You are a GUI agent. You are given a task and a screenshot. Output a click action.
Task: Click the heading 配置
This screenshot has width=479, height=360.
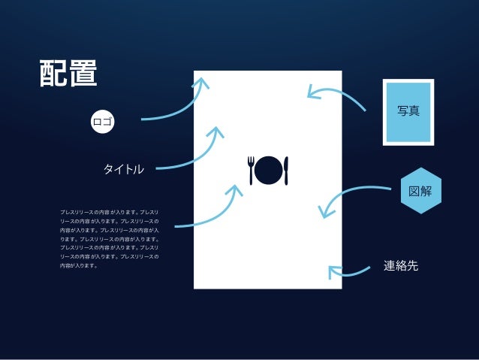click(68, 73)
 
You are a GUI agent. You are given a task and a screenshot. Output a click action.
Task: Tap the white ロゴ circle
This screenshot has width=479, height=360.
click(102, 120)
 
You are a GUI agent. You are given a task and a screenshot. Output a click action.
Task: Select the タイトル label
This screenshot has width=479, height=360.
click(123, 169)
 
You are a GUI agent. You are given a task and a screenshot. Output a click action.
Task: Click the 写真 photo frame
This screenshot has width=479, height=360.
click(408, 111)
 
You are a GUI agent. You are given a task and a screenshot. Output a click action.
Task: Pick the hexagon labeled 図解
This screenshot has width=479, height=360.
click(420, 190)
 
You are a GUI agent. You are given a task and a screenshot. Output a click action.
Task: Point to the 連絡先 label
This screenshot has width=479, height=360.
click(401, 266)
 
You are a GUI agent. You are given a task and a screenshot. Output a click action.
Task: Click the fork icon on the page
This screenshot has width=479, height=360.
click(252, 170)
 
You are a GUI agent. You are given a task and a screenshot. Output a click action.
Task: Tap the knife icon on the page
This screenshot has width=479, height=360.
click(286, 170)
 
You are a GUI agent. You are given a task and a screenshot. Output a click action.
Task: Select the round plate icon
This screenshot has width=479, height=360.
click(269, 170)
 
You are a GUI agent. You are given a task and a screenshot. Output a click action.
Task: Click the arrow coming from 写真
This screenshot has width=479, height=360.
click(338, 93)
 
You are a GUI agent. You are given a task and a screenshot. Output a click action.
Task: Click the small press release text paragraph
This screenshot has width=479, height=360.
click(109, 239)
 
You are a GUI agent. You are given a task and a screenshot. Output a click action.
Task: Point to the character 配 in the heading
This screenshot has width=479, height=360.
click(54, 73)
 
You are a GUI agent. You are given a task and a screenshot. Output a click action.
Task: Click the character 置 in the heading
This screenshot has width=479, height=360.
click(83, 73)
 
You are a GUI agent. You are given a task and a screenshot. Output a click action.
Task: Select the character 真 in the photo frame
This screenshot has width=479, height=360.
click(414, 111)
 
